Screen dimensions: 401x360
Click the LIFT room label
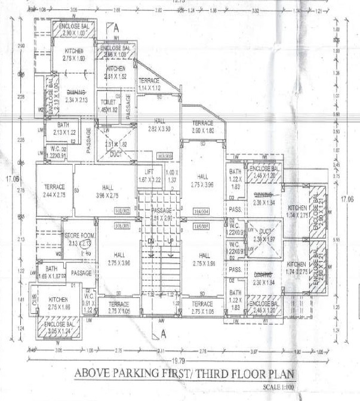tap(146, 171)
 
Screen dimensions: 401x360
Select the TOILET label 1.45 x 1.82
tap(108, 102)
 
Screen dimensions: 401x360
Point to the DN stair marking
tap(150, 240)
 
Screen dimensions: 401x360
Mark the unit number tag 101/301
tap(122, 226)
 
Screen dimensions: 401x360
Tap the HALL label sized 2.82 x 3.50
tap(159, 124)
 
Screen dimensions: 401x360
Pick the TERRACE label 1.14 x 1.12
tap(149, 84)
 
